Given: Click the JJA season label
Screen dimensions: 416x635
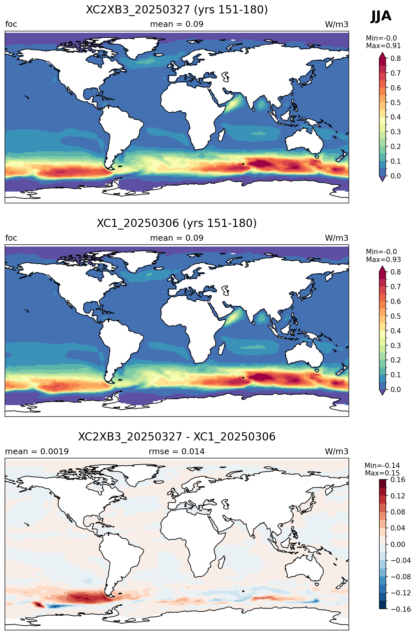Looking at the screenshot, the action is (x=381, y=16).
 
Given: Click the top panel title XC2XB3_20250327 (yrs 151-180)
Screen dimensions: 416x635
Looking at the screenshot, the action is (x=177, y=10).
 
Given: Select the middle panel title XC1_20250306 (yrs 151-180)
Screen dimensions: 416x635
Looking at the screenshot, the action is (x=177, y=223).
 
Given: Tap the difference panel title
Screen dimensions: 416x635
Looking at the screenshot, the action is (x=177, y=437).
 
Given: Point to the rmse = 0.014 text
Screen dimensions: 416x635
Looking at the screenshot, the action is (x=177, y=452).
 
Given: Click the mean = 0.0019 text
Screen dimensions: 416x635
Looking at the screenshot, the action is (x=37, y=452).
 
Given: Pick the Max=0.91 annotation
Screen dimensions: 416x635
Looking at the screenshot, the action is (x=383, y=46).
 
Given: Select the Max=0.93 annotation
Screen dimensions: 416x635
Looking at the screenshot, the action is (x=383, y=260).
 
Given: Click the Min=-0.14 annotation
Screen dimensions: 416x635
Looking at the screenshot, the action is (x=382, y=466).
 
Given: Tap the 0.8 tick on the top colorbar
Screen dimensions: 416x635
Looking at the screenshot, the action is (x=396, y=58).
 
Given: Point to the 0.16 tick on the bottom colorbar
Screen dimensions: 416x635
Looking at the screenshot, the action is (x=398, y=480).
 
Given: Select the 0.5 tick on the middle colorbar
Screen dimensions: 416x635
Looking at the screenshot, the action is (x=396, y=316).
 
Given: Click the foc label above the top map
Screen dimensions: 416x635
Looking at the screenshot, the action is (x=11, y=24).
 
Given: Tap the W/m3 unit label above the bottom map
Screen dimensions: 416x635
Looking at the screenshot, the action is (x=337, y=452).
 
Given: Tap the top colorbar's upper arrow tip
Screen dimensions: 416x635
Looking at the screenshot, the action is (x=382, y=52).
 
